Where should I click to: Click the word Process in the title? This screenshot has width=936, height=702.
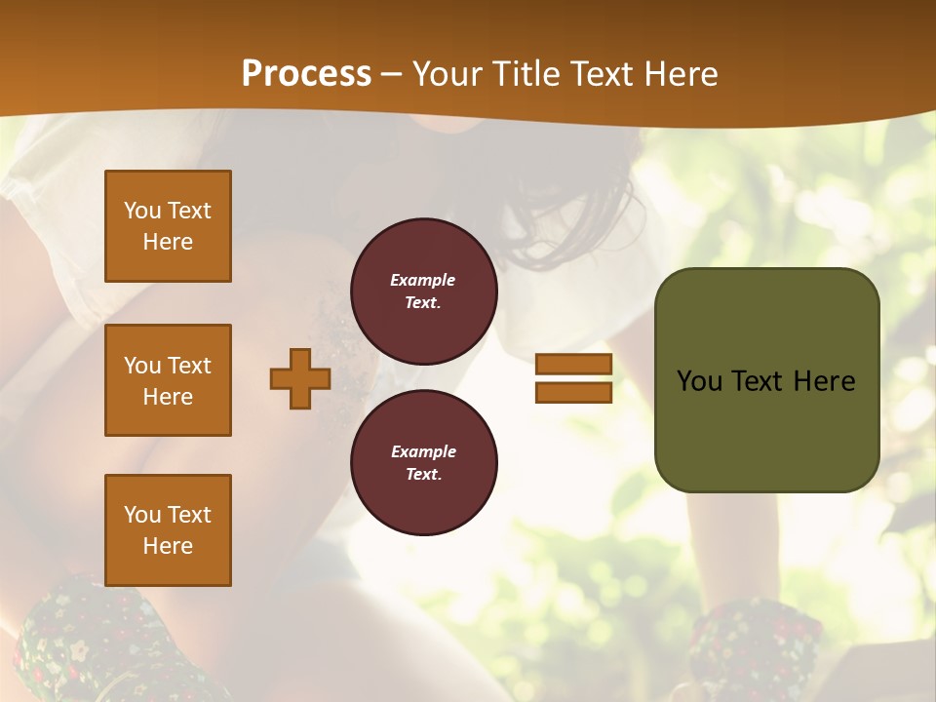[306, 74]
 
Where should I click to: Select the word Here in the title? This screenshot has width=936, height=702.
[679, 74]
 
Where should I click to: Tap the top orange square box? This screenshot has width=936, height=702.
[168, 226]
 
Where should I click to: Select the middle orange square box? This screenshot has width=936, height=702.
[168, 380]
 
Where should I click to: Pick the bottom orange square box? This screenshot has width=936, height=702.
[168, 530]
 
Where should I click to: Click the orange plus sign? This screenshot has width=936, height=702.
[299, 378]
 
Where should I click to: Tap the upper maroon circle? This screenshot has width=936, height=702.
[423, 292]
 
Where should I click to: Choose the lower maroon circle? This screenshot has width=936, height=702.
[423, 463]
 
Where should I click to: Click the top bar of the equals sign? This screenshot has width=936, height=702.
[573, 364]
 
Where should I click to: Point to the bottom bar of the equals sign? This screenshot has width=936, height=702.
[573, 392]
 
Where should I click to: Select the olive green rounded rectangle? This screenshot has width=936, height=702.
[766, 379]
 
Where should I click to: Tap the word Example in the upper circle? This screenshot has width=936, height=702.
[422, 280]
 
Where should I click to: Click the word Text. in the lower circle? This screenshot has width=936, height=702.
[423, 475]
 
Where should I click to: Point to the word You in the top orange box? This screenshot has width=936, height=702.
[141, 211]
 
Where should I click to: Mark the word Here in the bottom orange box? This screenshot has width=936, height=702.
[168, 546]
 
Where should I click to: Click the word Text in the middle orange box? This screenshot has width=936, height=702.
[189, 366]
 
